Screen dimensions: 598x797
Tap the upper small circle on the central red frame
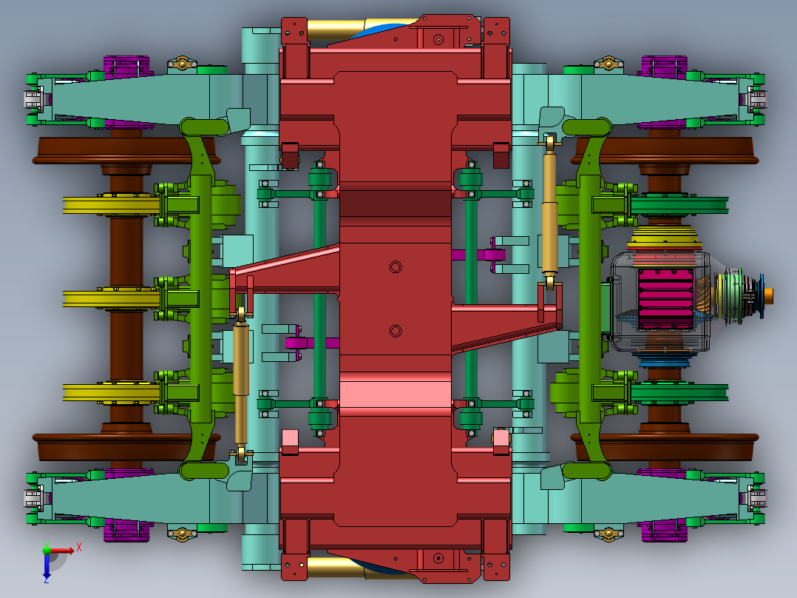396,266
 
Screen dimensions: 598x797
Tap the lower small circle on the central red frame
396,330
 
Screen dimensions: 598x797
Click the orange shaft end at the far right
770,295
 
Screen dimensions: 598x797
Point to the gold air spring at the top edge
333,30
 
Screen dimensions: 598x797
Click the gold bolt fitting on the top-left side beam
181,64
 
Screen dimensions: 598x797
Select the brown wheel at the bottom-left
111,442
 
